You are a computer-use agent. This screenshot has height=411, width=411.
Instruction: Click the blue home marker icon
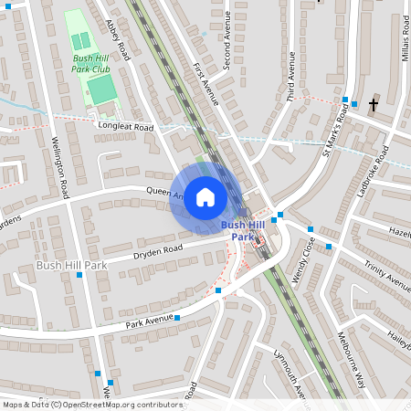pyautogui.click(x=205, y=197)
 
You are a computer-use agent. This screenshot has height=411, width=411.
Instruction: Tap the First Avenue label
pyautogui.click(x=206, y=82)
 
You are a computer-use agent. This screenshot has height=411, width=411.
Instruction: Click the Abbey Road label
pyautogui.click(x=120, y=41)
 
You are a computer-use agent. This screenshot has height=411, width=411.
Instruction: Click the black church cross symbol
pyautogui.click(x=373, y=105)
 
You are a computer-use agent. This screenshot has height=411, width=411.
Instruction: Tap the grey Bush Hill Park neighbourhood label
pyautogui.click(x=71, y=265)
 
